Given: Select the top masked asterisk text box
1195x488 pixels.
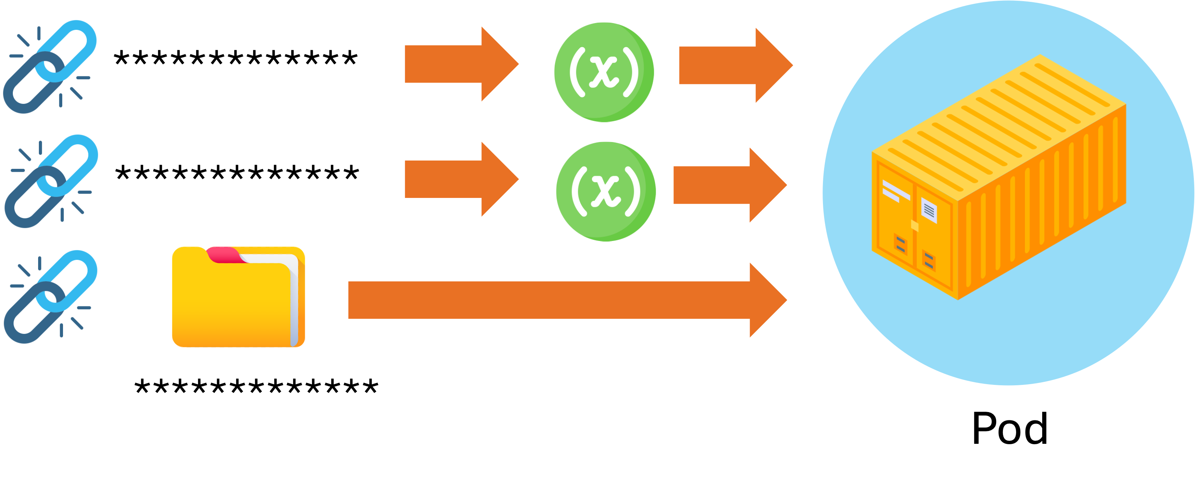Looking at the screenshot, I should (x=237, y=64).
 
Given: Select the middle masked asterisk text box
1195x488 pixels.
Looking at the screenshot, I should (x=238, y=179).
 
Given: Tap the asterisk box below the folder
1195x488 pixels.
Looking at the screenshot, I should (x=257, y=392).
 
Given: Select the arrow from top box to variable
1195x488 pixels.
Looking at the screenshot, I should (x=459, y=64).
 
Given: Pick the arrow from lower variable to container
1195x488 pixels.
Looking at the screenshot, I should (x=728, y=185).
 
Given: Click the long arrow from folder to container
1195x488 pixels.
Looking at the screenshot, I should (x=566, y=300).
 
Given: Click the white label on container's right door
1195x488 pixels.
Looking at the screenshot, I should (x=929, y=210).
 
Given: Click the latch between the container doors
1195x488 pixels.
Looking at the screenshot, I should (x=915, y=226).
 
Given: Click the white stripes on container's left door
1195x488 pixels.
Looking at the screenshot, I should (x=895, y=191).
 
